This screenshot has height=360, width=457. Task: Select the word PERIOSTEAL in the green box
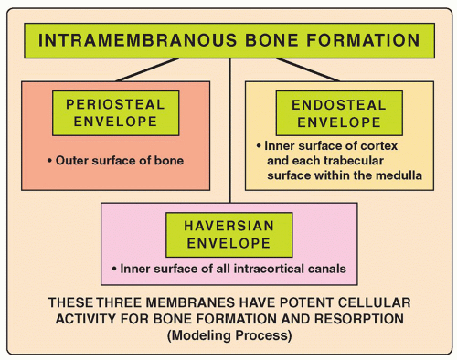point(117,103)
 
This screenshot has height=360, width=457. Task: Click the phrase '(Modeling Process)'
point(228,335)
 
